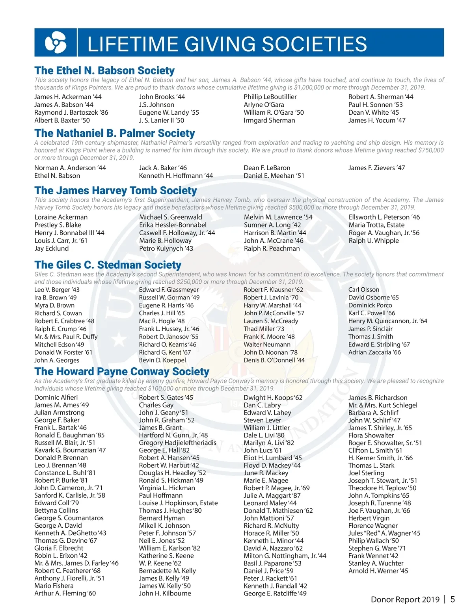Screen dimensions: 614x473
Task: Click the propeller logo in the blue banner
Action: [56, 42]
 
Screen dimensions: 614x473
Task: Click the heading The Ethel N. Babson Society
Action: [104, 71]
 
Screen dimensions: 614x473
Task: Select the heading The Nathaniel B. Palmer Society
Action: [115, 133]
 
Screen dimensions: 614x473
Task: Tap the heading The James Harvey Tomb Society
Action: [115, 191]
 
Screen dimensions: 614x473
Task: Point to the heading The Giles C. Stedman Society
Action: [108, 265]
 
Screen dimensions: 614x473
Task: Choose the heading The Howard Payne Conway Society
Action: [122, 372]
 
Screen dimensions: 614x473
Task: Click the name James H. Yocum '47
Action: [376, 121]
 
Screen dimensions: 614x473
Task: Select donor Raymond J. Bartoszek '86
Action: [71, 113]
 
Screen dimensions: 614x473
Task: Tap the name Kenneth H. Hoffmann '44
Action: [176, 176]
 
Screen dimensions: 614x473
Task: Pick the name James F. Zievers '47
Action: [376, 168]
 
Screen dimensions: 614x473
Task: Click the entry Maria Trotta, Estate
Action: [376, 225]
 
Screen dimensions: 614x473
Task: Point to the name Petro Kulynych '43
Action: [166, 249]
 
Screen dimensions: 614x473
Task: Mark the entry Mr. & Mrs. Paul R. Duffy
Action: [66, 337]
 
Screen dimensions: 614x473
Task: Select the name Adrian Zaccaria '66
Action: [374, 352]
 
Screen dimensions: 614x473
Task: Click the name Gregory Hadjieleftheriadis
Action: [177, 443]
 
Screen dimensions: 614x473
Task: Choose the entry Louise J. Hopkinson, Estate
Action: [178, 503]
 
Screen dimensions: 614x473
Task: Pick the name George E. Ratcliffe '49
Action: [275, 593]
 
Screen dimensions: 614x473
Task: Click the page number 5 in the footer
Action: [453, 599]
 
